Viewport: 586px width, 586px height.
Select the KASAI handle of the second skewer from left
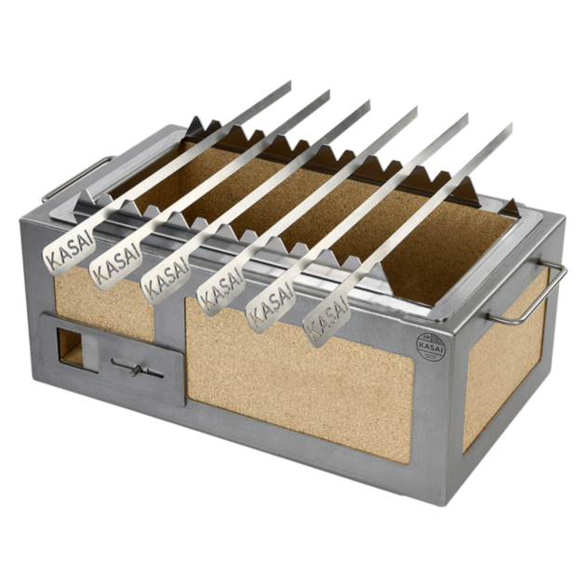[x=113, y=264]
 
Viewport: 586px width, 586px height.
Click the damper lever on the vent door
[x=136, y=370]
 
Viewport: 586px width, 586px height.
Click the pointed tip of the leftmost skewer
[x=289, y=81]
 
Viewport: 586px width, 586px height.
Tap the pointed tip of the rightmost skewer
[x=511, y=124]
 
